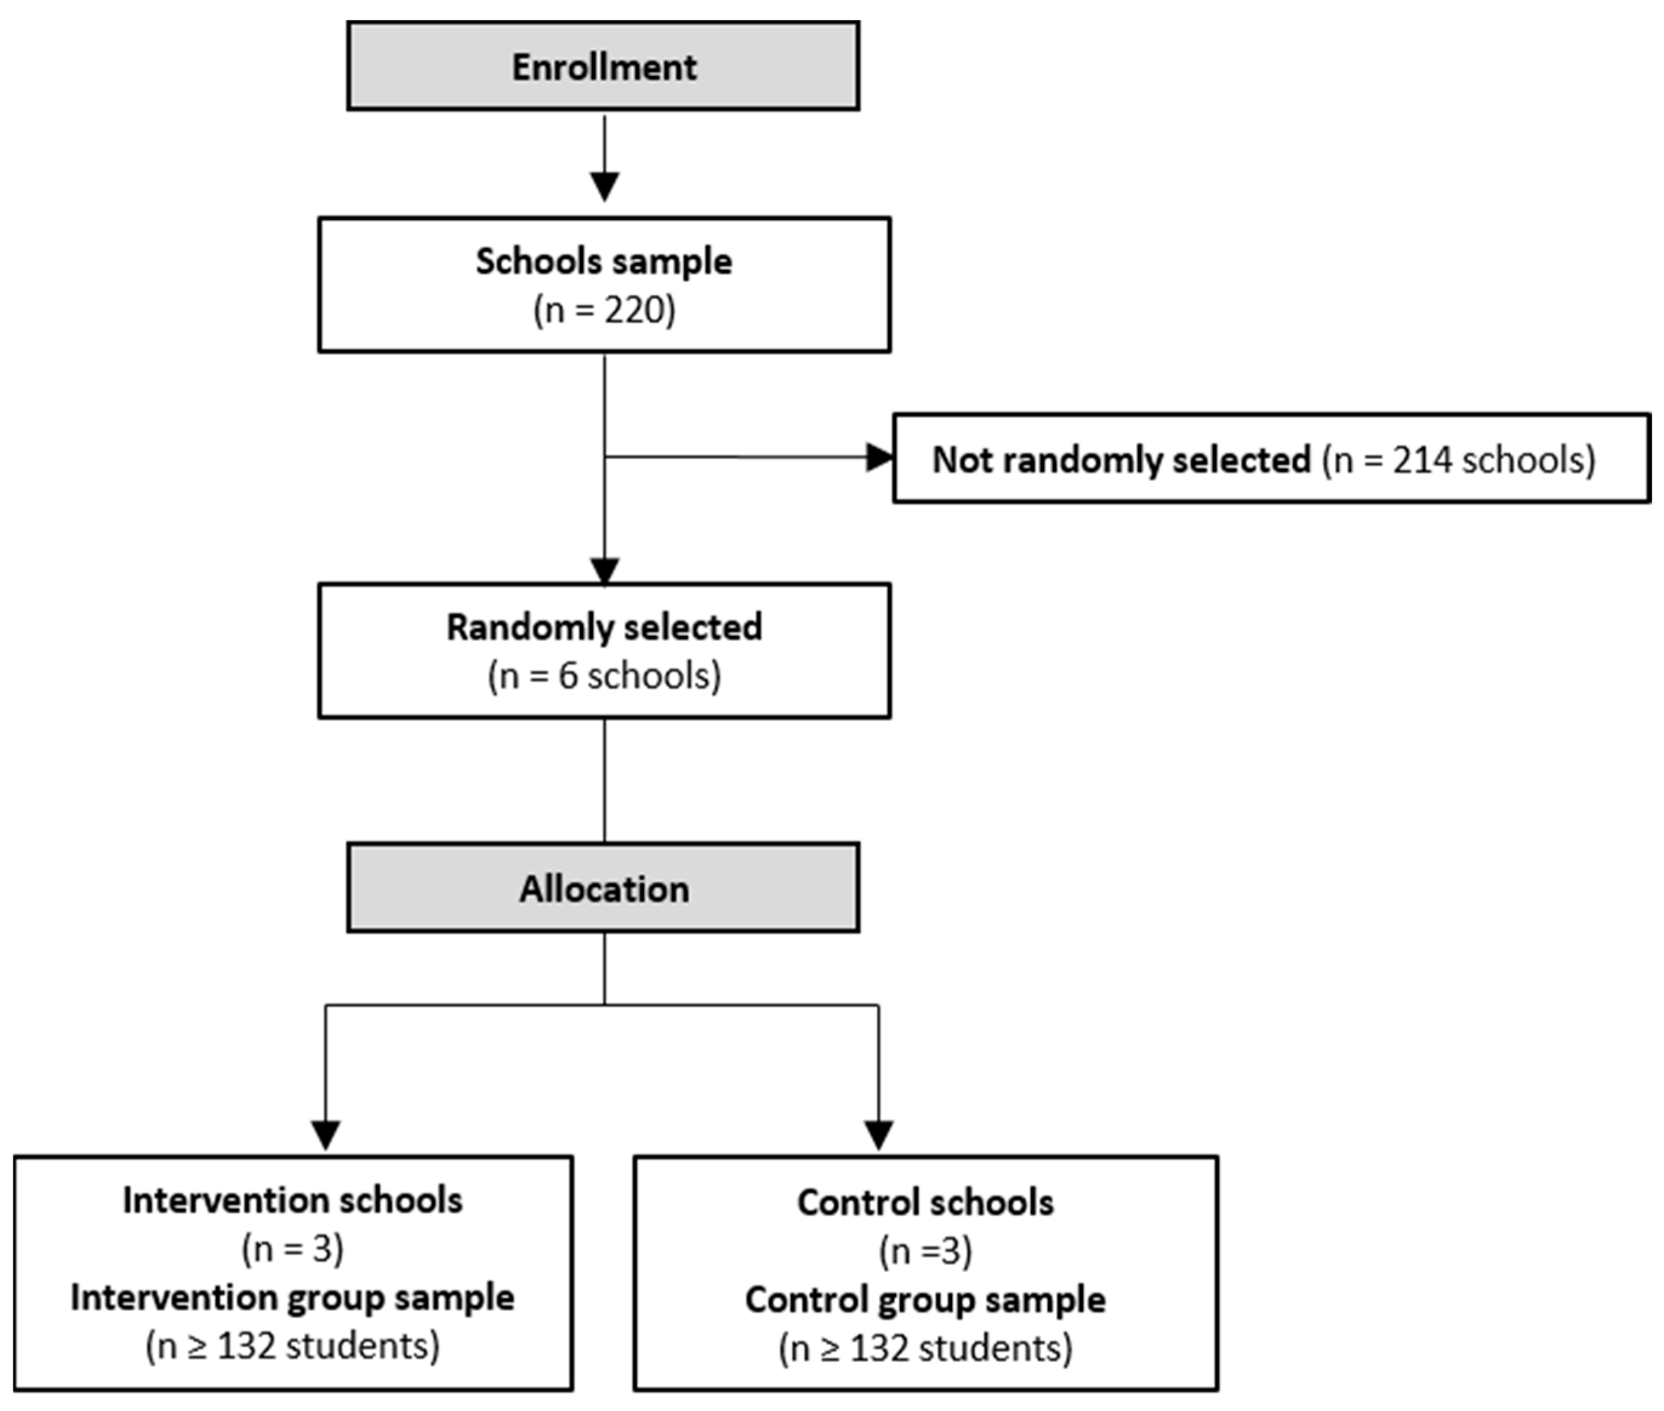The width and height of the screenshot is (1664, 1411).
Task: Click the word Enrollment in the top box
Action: (604, 67)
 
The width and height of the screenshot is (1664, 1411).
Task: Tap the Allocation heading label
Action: (604, 890)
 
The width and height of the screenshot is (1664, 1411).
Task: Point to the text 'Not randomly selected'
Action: (1121, 460)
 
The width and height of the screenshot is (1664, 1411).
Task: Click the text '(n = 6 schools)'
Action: (604, 677)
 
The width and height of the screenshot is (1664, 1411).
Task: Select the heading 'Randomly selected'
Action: (604, 627)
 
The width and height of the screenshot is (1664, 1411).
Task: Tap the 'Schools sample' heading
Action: (604, 261)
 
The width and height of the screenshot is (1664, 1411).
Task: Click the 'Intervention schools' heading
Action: (293, 1201)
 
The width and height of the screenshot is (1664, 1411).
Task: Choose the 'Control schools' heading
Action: (925, 1203)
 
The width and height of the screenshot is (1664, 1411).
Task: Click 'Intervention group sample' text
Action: (293, 1298)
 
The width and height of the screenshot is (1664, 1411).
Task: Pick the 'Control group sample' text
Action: (925, 1300)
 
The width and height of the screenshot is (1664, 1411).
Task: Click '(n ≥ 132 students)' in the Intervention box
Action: (293, 1346)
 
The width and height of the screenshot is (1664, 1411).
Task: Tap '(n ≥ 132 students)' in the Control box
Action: (925, 1349)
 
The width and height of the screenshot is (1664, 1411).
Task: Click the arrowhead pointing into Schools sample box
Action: (604, 186)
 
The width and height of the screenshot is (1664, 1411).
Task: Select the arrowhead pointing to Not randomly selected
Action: (879, 458)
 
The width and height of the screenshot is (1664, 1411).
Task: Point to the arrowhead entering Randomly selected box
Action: (604, 571)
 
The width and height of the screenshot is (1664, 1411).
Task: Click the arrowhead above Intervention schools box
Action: (326, 1134)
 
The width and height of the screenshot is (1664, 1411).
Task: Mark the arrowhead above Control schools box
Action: (879, 1134)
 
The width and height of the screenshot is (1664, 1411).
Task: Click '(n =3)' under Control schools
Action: (925, 1252)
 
